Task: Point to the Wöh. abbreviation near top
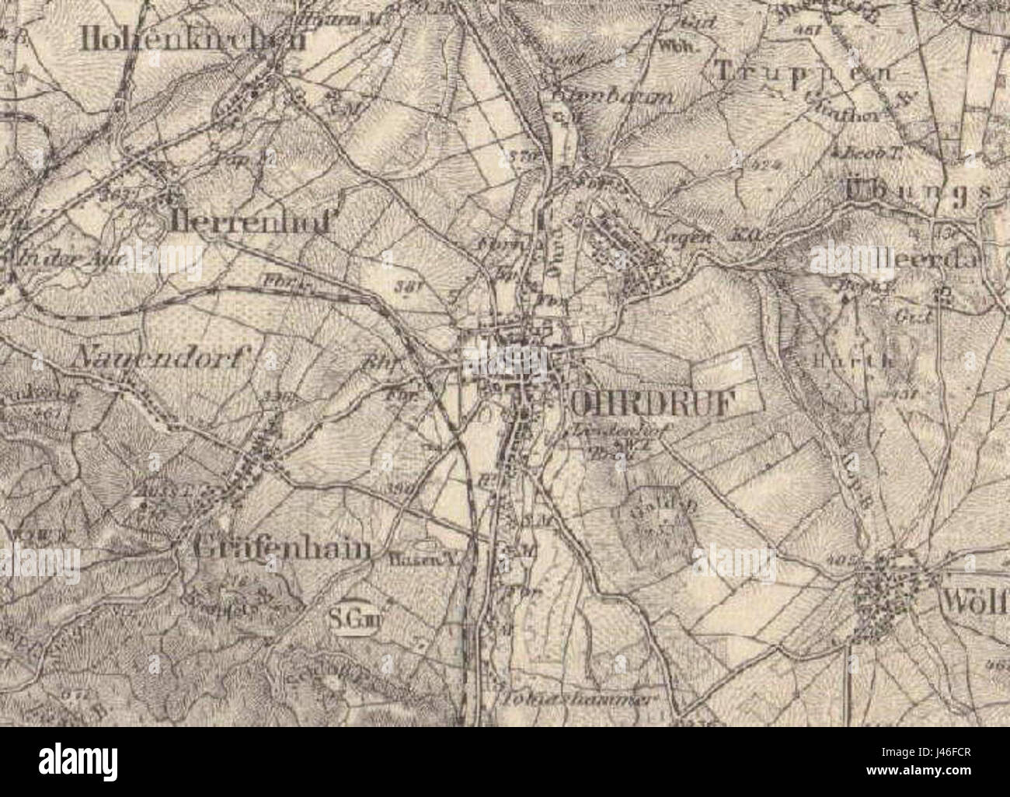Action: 669,44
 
